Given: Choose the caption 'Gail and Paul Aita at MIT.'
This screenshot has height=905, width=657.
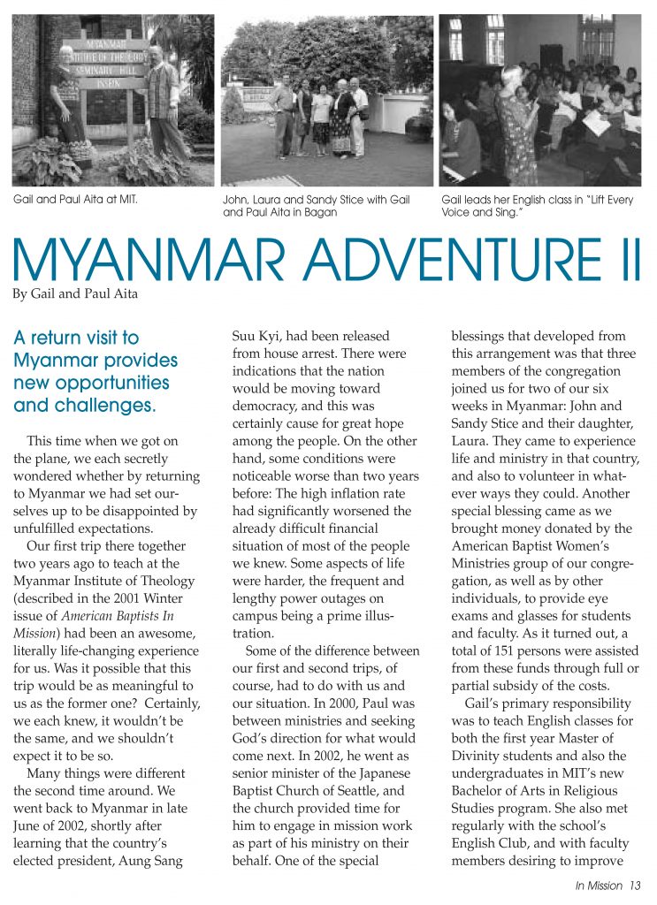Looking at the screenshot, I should (74, 200).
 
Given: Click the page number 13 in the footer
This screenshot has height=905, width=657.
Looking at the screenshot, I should (635, 886).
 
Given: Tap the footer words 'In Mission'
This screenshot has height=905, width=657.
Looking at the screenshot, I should (599, 886).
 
